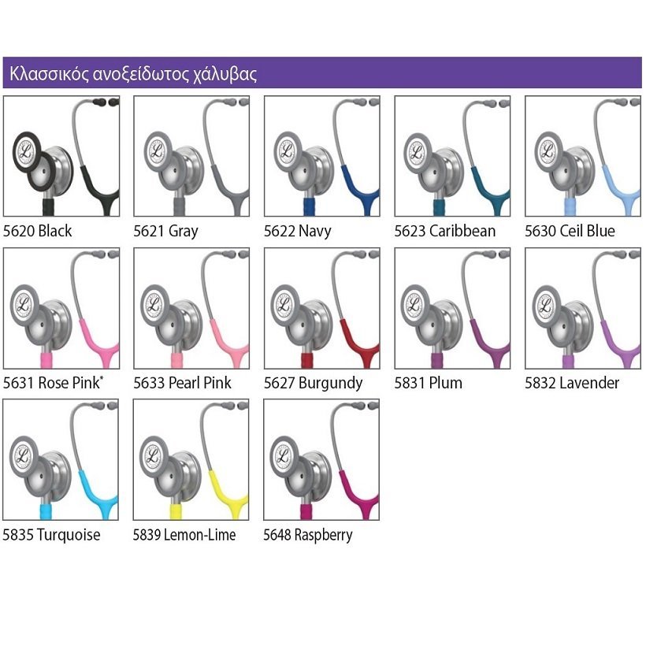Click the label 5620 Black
pos(37,231)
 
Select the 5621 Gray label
pos(165,231)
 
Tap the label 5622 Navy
pos(297,231)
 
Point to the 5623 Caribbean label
pos(444,231)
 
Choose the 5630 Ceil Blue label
pos(570,231)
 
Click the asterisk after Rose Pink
pos(102,379)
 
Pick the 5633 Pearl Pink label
pos(182,383)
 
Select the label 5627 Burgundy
pos(313,383)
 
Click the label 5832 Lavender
pos(572,383)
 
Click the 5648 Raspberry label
pos(307,535)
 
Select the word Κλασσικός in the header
pos(39,75)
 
